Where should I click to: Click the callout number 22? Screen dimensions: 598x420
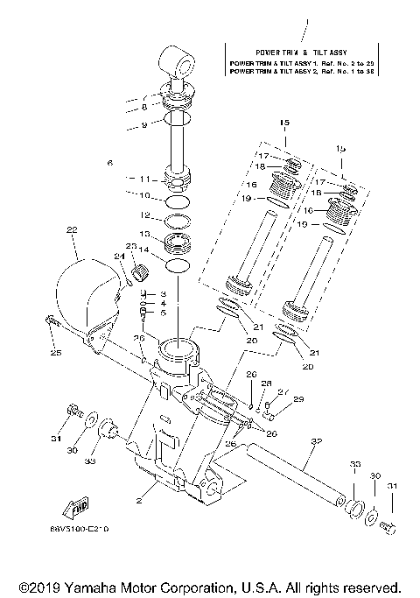pos(72,229)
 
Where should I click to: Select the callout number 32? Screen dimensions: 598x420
pos(315,442)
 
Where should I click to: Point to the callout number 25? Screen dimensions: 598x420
pos(56,353)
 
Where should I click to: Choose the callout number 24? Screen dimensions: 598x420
pos(120,256)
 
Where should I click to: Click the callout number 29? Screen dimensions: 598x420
pos(298,399)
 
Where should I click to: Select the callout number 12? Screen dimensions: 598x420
pos(146,215)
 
